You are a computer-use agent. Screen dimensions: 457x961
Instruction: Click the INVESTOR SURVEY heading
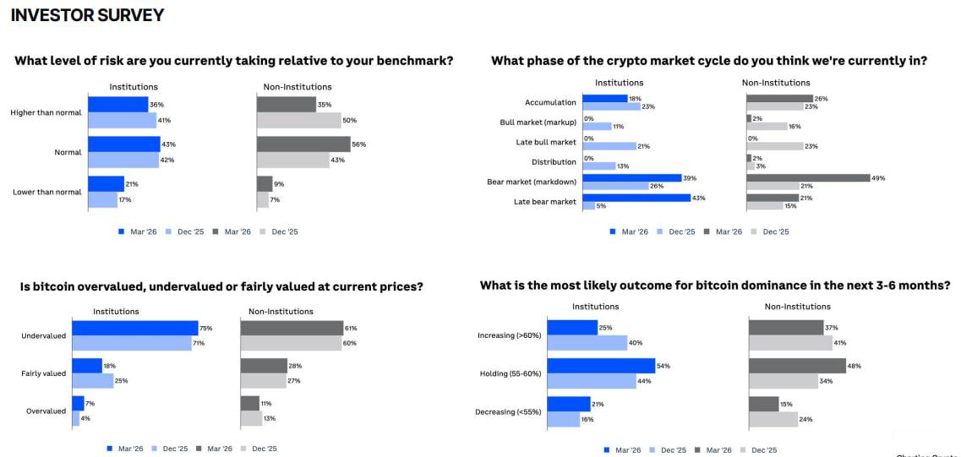pos(87,15)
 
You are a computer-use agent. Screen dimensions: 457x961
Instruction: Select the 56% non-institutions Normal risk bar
pos(303,144)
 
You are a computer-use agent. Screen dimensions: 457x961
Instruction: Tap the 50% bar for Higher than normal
pos(298,120)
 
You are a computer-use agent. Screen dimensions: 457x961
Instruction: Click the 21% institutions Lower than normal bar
pos(106,183)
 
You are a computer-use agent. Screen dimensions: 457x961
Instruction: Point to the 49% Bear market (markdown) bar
pos(807,177)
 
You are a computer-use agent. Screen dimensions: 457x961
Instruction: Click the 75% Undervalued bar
pos(134,328)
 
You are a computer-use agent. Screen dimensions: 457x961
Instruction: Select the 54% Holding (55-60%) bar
pos(601,366)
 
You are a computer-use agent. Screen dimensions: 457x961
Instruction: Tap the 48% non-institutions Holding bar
pos(797,366)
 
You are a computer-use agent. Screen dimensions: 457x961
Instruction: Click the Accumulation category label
pos(550,103)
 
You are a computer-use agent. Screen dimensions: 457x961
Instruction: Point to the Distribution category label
pos(554,162)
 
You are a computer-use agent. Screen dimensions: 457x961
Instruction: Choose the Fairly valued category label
pos(43,373)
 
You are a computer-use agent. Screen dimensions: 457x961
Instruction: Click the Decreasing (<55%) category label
pos(509,412)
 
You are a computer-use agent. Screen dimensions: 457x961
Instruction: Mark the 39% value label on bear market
pos(689,177)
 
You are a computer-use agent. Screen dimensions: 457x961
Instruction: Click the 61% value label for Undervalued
pos(350,328)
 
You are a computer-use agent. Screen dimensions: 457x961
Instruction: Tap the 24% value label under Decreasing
pos(805,420)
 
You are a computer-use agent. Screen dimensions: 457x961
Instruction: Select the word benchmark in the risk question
pos(412,61)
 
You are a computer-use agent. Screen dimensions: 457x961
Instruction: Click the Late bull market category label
pos(545,142)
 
